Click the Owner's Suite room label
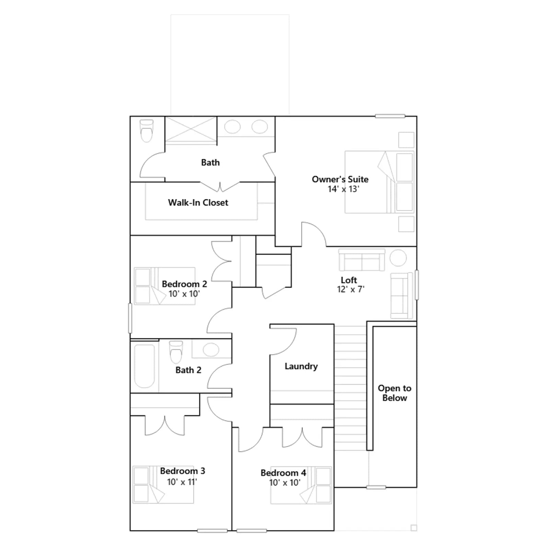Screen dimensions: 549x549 (x=340, y=179)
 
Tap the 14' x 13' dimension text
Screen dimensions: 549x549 (x=343, y=189)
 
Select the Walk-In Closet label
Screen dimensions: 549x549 (x=198, y=202)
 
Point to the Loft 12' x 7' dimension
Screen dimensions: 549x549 (x=351, y=289)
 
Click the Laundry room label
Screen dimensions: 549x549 (x=301, y=366)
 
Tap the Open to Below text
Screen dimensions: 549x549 (x=395, y=393)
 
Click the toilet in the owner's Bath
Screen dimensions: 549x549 (x=147, y=131)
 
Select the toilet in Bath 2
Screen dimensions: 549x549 (x=176, y=352)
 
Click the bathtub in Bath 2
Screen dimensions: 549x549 (x=144, y=366)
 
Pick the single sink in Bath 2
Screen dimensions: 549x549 (x=211, y=350)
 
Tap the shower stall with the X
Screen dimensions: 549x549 (x=191, y=129)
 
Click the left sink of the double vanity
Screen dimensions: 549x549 (x=232, y=127)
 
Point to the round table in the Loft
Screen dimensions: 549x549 (x=398, y=258)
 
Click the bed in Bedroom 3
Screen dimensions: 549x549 (x=163, y=484)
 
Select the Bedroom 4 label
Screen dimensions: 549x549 (x=283, y=473)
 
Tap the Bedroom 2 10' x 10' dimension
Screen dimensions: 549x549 (x=184, y=294)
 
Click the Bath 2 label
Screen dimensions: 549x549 (x=188, y=370)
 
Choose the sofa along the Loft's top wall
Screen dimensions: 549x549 (x=362, y=260)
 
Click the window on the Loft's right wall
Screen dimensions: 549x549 (x=417, y=285)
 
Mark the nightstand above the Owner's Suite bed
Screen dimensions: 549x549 (x=406, y=140)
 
